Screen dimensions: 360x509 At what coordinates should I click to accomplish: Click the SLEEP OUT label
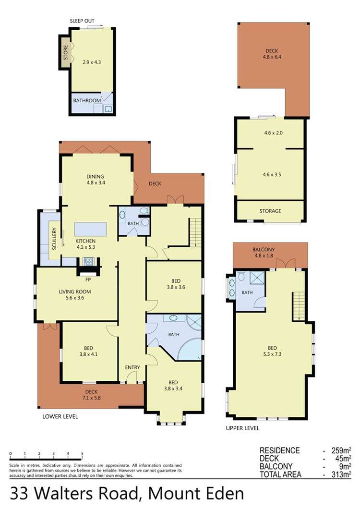[x=82, y=21]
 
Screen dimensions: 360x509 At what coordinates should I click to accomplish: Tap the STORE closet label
[x=66, y=52]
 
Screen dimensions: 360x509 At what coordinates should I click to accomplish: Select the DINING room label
[x=95, y=177]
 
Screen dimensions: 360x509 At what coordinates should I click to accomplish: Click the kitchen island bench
[x=91, y=229]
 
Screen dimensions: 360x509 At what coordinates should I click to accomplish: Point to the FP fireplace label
[x=88, y=279]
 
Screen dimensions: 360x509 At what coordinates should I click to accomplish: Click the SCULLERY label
[x=54, y=239]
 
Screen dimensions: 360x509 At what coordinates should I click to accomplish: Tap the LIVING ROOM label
[x=75, y=291]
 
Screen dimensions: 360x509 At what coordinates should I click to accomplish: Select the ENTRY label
[x=132, y=367]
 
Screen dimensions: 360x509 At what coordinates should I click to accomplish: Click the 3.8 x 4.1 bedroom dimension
[x=88, y=354]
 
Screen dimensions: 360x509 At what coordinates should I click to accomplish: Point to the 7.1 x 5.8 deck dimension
[x=92, y=398]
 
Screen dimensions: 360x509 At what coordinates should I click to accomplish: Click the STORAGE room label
[x=270, y=211]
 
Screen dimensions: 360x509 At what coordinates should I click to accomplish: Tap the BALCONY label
[x=264, y=250]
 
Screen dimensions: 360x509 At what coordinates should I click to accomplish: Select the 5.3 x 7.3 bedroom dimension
[x=272, y=354]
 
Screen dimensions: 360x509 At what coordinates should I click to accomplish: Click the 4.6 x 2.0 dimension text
[x=273, y=133]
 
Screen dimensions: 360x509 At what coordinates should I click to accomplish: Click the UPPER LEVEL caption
[x=242, y=428]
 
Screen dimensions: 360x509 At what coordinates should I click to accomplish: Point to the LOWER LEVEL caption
[x=60, y=416]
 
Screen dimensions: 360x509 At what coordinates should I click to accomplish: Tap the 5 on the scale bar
[x=82, y=454]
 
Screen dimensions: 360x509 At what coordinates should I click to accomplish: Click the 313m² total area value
[x=341, y=474]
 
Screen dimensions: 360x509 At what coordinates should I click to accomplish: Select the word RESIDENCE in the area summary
[x=280, y=450]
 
